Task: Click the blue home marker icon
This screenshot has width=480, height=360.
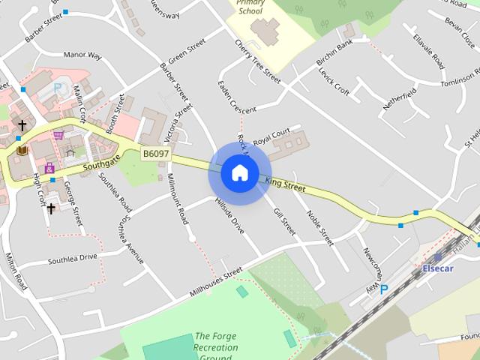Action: click(x=239, y=172)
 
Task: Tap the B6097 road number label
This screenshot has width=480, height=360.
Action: click(x=156, y=154)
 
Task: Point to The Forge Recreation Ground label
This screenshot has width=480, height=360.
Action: click(x=216, y=347)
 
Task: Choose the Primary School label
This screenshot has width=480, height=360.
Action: click(x=250, y=7)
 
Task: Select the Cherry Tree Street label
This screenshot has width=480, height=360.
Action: click(x=257, y=61)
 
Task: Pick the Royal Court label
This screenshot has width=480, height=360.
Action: click(x=271, y=136)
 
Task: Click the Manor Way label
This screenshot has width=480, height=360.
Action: click(x=82, y=55)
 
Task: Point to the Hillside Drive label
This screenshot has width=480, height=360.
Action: click(x=229, y=215)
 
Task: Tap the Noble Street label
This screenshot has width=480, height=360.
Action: click(x=319, y=227)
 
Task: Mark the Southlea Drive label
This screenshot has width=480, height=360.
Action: click(x=73, y=259)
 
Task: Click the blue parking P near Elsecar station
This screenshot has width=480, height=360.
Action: click(x=384, y=289)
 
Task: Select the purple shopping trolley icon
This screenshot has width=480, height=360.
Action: click(x=58, y=136)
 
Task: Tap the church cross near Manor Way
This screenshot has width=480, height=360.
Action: click(x=22, y=125)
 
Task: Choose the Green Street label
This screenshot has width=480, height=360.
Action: click(x=187, y=52)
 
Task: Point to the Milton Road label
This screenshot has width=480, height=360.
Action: click(x=16, y=270)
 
